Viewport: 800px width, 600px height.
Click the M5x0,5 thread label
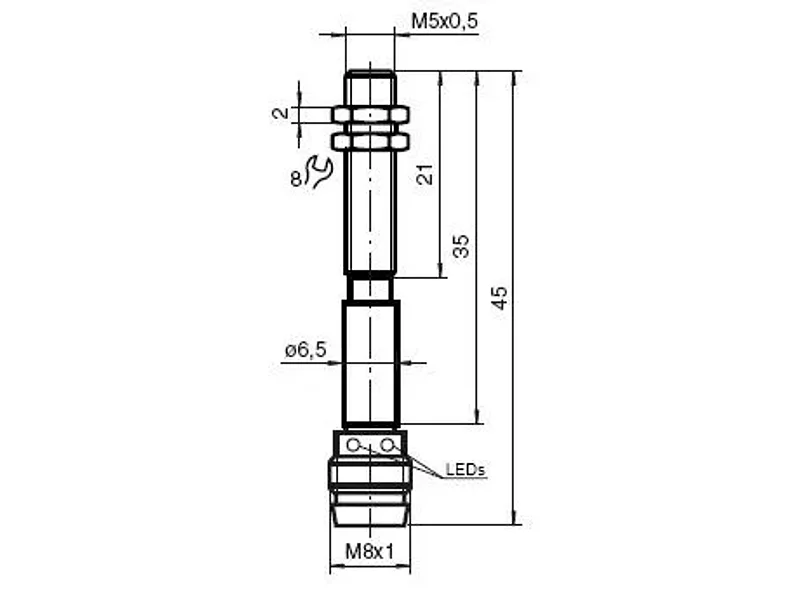pos(444,21)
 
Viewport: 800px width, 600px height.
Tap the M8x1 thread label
pos(370,552)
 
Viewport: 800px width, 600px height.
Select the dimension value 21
pos(425,174)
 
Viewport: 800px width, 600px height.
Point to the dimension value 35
pos(460,246)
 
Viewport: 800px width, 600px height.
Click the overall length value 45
pos(499,298)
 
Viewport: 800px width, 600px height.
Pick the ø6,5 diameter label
pos(305,350)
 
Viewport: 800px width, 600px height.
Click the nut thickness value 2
pos(281,113)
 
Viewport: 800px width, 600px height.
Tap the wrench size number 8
pos(296,180)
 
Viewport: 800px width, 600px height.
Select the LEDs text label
pos(465,469)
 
